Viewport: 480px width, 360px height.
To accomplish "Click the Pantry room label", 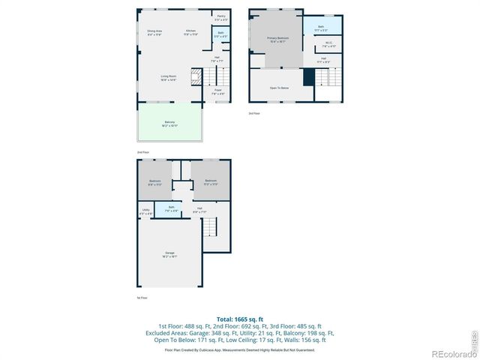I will point(221,16).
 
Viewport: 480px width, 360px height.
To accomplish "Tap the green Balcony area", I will point(171,124).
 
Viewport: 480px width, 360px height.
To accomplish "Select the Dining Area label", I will point(154,32).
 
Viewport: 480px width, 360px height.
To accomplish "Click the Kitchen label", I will point(191,32).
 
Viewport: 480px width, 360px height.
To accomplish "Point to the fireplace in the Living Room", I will point(196,75).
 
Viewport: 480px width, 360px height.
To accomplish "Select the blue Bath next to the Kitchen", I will point(220,34).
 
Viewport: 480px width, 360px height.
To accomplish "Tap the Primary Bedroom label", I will point(277,38).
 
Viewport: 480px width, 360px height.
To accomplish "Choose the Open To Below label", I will point(280,88).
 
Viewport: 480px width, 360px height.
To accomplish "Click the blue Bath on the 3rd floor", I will point(321,27).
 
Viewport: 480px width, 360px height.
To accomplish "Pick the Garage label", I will point(169,254).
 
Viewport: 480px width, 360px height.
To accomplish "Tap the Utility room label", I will point(145,212).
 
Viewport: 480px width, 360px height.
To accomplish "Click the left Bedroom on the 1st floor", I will point(154,181).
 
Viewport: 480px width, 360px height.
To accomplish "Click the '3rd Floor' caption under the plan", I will point(254,113).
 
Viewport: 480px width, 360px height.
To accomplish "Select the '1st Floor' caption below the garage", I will point(141,298).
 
